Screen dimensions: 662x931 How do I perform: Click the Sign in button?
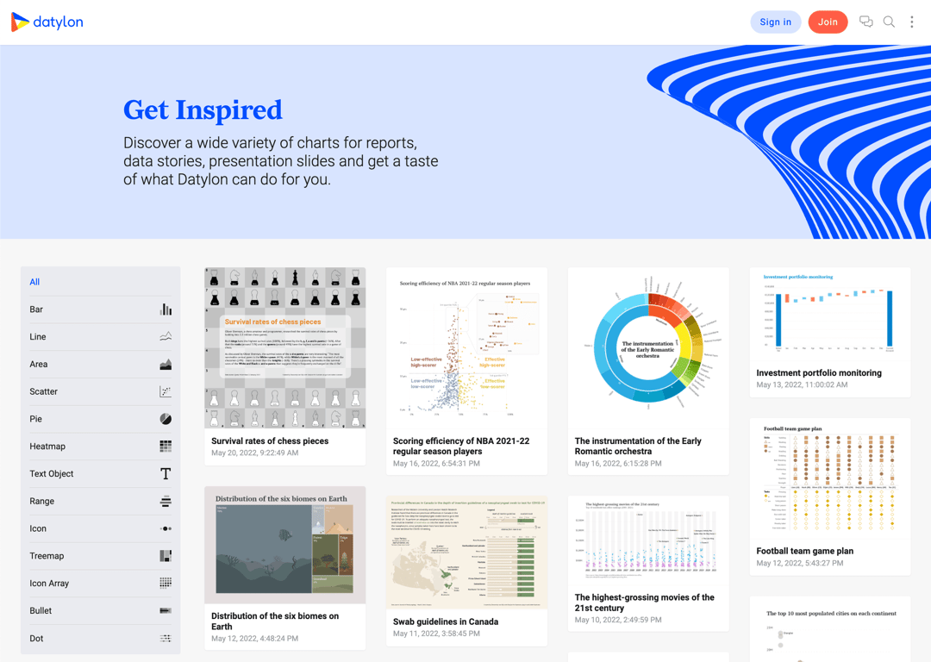pyautogui.click(x=775, y=22)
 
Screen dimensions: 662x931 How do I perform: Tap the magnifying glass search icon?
pyautogui.click(x=889, y=22)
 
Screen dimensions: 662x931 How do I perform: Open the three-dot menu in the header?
pyautogui.click(x=912, y=22)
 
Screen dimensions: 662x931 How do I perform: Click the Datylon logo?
pyautogui.click(x=47, y=22)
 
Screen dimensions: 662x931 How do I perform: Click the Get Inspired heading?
pyautogui.click(x=203, y=110)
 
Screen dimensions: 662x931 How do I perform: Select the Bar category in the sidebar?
pyautogui.click(x=36, y=309)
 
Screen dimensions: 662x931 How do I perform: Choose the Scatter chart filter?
pyautogui.click(x=44, y=391)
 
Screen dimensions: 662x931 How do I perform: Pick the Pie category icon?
pyautogui.click(x=166, y=419)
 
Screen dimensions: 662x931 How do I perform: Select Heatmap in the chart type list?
pyautogui.click(x=47, y=447)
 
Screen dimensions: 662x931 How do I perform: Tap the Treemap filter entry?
pyautogui.click(x=47, y=556)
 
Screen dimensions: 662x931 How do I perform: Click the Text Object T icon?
pyautogui.click(x=166, y=474)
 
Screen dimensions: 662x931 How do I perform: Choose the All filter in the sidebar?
pyautogui.click(x=34, y=282)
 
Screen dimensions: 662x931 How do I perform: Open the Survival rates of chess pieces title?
pyautogui.click(x=270, y=441)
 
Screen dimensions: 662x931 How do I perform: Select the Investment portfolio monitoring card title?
pyautogui.click(x=819, y=373)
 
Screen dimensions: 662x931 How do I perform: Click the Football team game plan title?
pyautogui.click(x=805, y=551)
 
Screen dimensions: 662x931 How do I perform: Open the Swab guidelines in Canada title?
pyautogui.click(x=446, y=621)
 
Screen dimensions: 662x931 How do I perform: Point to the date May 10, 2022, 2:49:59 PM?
pyautogui.click(x=618, y=620)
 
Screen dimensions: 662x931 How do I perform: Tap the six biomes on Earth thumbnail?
pyautogui.click(x=285, y=545)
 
